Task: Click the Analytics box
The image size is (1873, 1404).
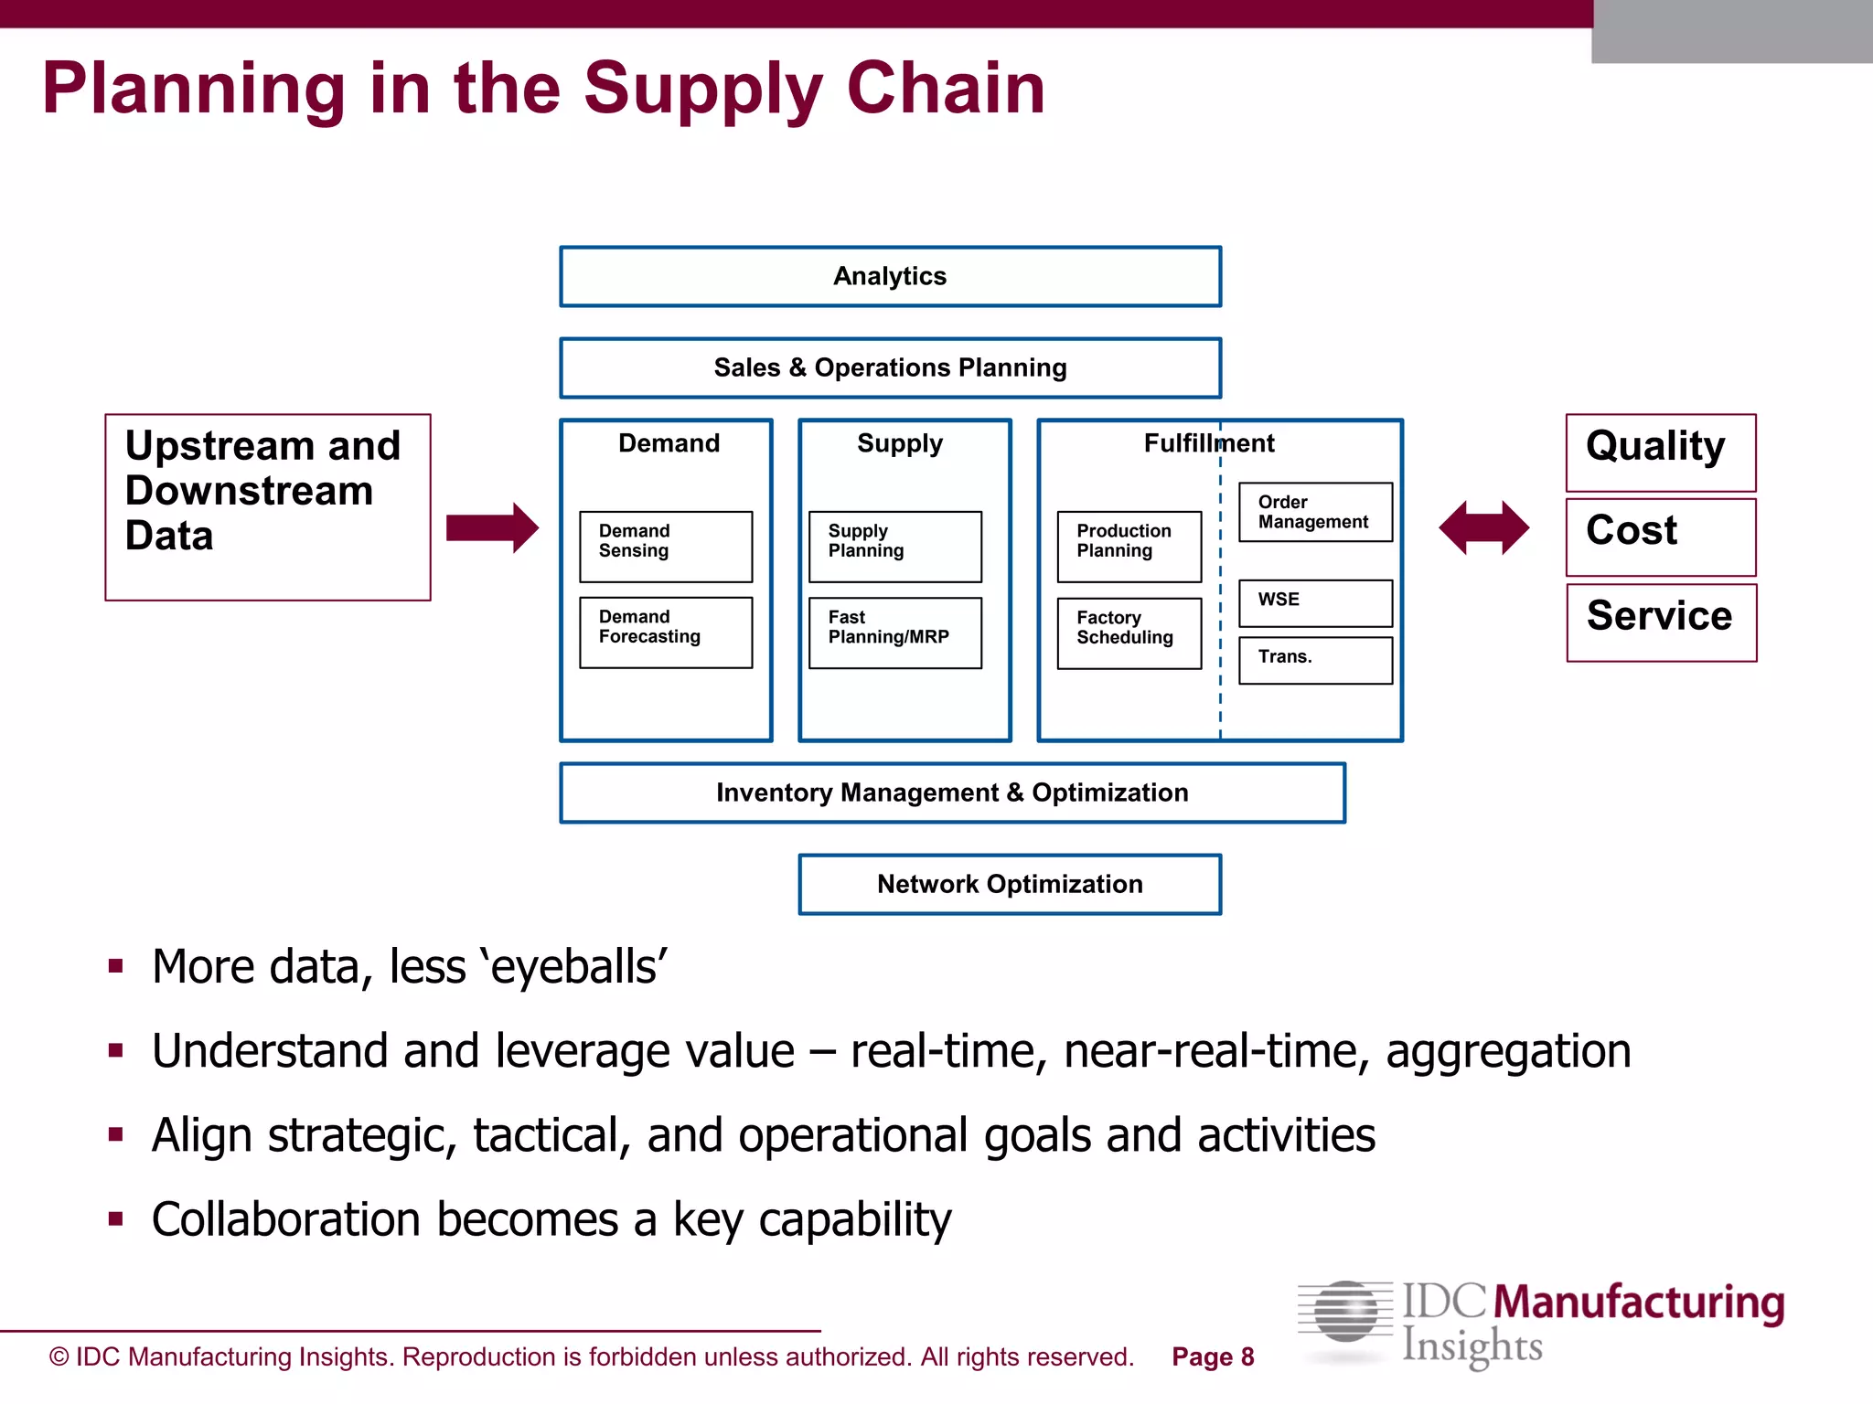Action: (x=890, y=276)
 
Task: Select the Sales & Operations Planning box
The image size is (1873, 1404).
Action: (x=890, y=367)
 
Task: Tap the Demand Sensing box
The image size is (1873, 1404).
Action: (x=666, y=546)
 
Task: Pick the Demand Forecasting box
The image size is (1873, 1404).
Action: (x=666, y=633)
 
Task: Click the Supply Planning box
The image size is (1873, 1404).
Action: (x=895, y=546)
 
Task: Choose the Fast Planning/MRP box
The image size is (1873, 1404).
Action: (x=895, y=633)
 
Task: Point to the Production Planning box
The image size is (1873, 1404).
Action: (x=1129, y=546)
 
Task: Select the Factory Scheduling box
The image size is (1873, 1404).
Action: (x=1129, y=633)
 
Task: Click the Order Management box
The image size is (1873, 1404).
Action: (x=1315, y=512)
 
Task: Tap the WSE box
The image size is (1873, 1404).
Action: (x=1315, y=602)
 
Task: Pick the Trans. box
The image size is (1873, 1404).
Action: (x=1315, y=659)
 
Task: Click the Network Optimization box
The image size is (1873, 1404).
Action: (x=1010, y=884)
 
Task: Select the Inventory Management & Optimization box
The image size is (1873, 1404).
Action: (x=952, y=792)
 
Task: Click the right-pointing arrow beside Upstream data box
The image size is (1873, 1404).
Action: (x=492, y=527)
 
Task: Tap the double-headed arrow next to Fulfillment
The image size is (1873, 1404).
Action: (x=1483, y=527)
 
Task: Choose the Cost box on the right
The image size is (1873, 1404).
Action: (x=1660, y=537)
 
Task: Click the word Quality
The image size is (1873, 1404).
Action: (x=1655, y=446)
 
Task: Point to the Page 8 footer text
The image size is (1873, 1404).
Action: (x=1213, y=1356)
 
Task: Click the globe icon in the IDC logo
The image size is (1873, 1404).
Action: (x=1344, y=1312)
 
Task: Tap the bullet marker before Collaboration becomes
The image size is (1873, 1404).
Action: (x=115, y=1218)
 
